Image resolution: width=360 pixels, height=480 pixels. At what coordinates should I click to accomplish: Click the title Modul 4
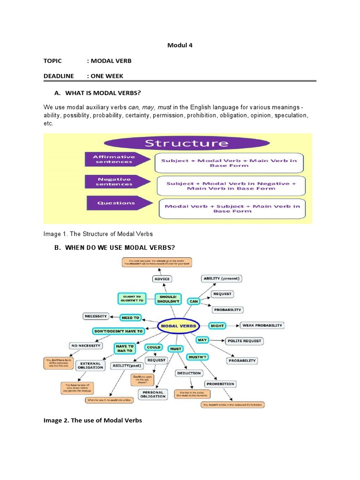180,45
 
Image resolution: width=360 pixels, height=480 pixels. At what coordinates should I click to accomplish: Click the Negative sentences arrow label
114,181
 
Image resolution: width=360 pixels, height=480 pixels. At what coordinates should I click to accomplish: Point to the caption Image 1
97,233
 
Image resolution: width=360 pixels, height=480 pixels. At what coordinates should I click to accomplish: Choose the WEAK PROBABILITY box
262,325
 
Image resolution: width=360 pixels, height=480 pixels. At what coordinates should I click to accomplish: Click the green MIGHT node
217,325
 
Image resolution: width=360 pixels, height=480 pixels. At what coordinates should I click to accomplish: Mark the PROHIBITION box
220,384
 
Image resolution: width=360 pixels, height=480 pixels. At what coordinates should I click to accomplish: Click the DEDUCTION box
189,373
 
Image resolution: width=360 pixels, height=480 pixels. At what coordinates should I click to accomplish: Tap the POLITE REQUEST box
244,341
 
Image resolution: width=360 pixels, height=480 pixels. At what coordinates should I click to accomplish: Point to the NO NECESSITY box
85,345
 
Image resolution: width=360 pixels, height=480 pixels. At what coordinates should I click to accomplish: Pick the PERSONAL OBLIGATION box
152,394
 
